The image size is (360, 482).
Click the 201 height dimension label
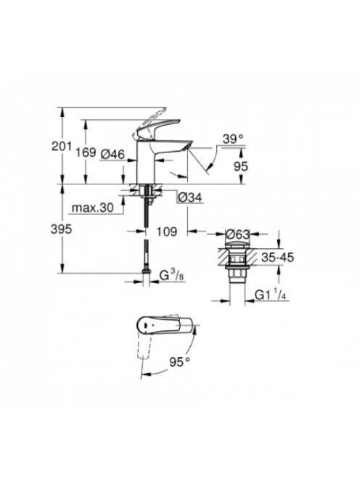coord(62,147)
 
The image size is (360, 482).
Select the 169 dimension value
coord(86,152)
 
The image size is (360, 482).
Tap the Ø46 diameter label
coord(112,154)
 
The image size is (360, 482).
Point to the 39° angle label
coord(233,139)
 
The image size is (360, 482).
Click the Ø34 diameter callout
coord(190,197)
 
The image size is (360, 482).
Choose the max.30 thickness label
coord(92,208)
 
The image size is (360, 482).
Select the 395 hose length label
coord(61,229)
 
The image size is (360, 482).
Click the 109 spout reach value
coord(167,232)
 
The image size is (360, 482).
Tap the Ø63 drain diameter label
coord(237,234)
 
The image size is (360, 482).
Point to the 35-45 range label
coord(277,257)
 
